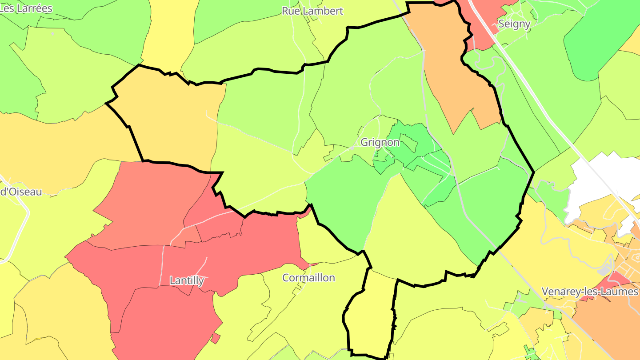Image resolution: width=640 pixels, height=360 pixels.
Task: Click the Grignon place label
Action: [380, 143]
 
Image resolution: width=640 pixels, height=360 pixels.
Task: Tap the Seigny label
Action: [514, 24]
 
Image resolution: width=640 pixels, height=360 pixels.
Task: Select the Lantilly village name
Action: [187, 280]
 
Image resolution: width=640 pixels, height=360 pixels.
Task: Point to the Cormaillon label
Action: [309, 278]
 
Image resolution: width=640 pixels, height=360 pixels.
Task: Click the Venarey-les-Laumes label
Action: [590, 292]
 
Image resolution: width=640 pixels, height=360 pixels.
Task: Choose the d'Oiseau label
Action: [21, 192]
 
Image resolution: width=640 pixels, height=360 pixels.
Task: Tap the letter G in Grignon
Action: [365, 143]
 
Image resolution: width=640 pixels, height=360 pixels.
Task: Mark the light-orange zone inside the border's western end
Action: [173, 124]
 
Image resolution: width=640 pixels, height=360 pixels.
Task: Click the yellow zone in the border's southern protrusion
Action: [371, 316]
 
